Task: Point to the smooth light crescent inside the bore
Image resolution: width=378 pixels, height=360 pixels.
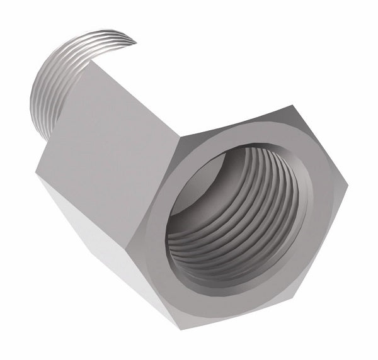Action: [198, 189]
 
